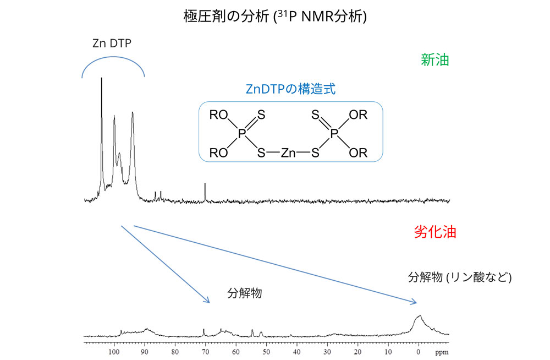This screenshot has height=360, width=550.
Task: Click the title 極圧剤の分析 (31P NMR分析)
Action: pos(275,17)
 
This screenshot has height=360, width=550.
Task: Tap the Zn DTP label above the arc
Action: pos(112,44)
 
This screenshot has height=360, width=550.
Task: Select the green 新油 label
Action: pos(435,61)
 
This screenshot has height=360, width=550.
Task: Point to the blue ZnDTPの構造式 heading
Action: pos(290,90)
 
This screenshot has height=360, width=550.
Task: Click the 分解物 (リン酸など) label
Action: pos(460,277)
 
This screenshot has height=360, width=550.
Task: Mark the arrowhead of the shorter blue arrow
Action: pos(208,301)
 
